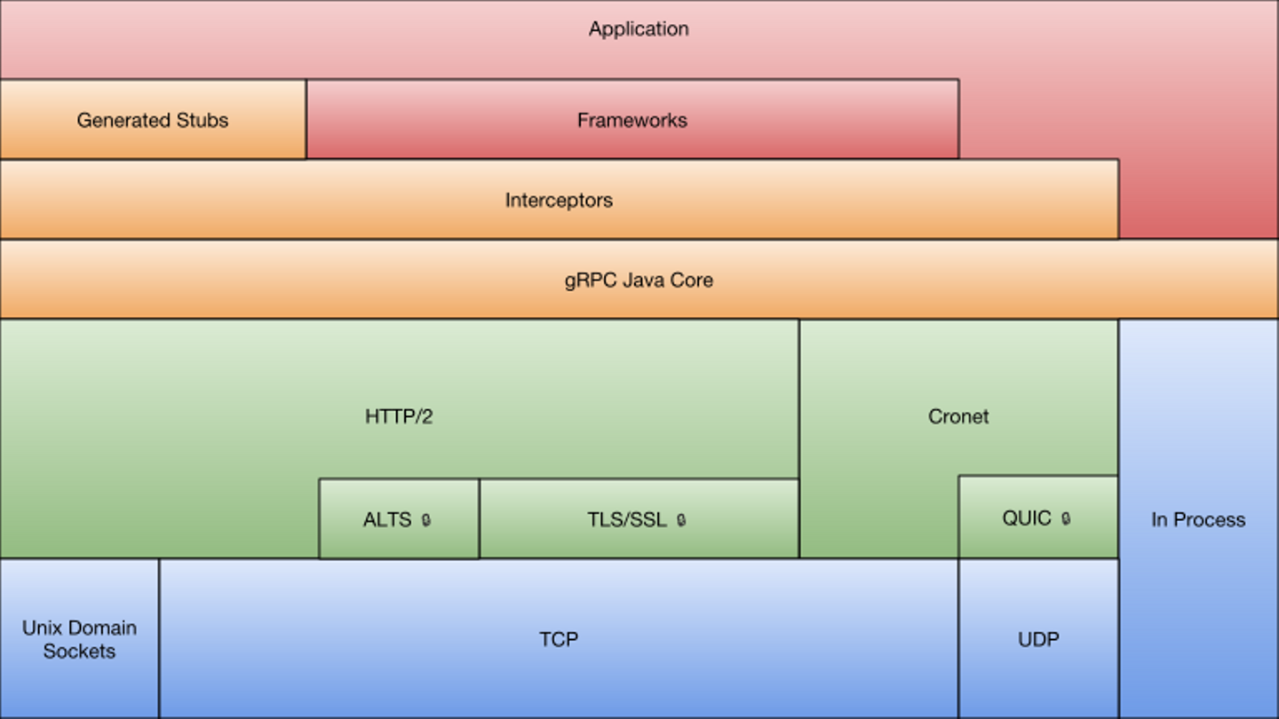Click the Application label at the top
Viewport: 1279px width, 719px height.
[x=639, y=29]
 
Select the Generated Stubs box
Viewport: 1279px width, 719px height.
[x=153, y=120]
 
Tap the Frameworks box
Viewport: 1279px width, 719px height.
[x=632, y=120]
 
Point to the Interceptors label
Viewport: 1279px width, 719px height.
[x=559, y=200]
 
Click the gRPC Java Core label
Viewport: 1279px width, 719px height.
[x=639, y=280]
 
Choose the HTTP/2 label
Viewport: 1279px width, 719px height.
[x=399, y=416]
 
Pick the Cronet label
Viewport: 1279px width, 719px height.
[x=958, y=416]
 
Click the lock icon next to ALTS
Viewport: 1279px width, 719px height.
[x=426, y=520]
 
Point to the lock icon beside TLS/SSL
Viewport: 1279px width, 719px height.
[x=681, y=520]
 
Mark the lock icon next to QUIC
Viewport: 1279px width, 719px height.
[x=1066, y=518]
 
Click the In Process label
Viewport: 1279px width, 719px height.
[x=1198, y=520]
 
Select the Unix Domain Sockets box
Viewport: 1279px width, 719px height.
[x=79, y=639]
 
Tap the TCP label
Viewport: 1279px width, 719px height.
[x=559, y=639]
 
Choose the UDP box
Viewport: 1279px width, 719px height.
[x=1038, y=639]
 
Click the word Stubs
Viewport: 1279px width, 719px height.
[x=204, y=120]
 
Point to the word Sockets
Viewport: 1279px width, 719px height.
[x=79, y=652]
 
